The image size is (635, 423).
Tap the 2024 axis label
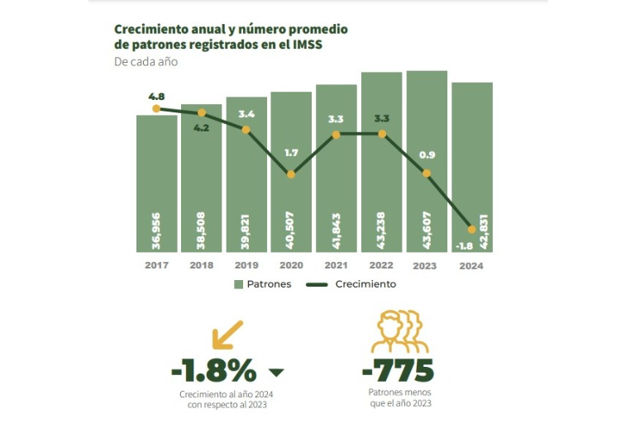[471, 265]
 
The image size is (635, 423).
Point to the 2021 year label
[336, 265]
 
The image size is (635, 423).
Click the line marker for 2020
[290, 174]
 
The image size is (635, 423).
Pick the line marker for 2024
[471, 229]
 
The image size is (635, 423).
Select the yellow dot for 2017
[156, 108]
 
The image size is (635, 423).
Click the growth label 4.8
[156, 96]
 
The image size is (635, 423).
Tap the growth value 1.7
[290, 153]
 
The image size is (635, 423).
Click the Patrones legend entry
[262, 284]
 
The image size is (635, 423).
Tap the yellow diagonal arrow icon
[227, 334]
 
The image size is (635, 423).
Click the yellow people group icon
[400, 332]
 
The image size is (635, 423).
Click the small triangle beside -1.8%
[277, 372]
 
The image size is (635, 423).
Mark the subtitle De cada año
[146, 61]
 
